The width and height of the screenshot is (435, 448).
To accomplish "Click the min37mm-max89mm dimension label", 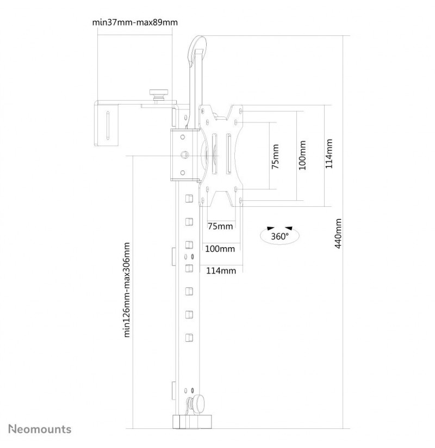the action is (x=135, y=22).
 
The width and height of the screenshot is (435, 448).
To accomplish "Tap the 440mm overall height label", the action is (x=338, y=234).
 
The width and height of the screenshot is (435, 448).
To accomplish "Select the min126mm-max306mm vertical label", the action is (x=127, y=290).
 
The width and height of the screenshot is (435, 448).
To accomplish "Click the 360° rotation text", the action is (x=279, y=237).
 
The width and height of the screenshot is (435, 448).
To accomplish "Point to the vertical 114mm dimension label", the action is (x=329, y=154).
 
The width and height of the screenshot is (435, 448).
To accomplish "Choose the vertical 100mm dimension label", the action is (x=302, y=155).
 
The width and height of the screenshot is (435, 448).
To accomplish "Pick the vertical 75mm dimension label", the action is (x=275, y=157).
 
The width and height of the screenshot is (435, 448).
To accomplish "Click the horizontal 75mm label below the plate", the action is (x=220, y=226).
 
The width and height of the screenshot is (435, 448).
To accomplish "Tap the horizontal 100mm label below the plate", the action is (x=220, y=249).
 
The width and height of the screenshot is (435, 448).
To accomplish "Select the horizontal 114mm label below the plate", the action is (x=221, y=271).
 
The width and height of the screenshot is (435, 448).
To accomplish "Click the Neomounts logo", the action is (x=40, y=429).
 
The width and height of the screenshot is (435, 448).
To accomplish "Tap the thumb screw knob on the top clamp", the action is (x=159, y=94).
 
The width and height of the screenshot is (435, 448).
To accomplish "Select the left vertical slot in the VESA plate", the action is (x=214, y=154).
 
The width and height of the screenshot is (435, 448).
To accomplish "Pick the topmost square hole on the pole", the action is (x=189, y=198).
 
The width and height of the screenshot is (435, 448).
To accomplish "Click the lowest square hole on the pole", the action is (x=189, y=337).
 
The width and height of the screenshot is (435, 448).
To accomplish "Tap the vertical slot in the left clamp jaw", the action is (x=108, y=125).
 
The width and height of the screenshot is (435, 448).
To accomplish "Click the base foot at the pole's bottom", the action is (x=192, y=422).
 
